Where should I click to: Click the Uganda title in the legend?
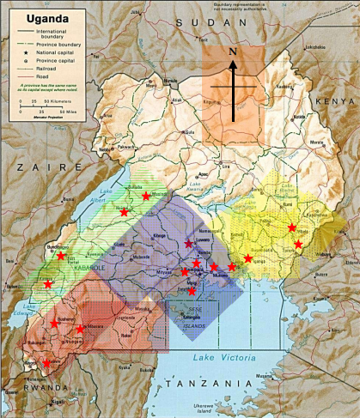[x=35, y=16]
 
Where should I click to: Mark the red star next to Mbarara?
[x=81, y=329]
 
